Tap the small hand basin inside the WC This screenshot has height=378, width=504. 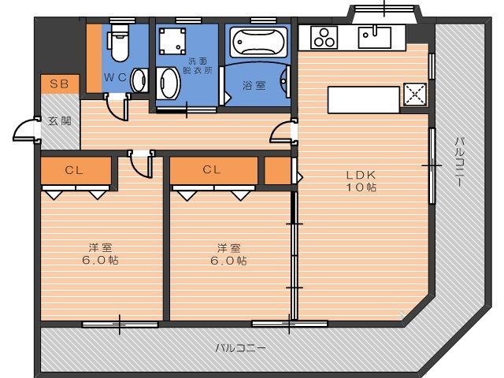point(139,80)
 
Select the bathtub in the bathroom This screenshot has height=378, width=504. point(258,43)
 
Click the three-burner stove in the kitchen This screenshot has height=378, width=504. point(324,37)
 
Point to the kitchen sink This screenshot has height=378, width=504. point(375,37)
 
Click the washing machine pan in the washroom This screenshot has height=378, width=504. point(172,41)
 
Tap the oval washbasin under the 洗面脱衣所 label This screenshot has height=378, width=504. point(169,83)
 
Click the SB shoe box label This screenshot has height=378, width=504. point(60,84)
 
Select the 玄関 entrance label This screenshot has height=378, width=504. point(60,121)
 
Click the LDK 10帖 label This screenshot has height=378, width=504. point(361,181)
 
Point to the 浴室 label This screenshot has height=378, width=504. point(254,85)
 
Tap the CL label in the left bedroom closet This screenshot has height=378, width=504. point(74,170)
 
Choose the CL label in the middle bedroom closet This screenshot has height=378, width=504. point(212,169)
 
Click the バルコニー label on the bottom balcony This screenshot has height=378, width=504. point(241,348)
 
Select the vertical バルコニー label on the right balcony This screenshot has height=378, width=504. point(460,161)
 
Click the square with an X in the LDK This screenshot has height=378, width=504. point(415,94)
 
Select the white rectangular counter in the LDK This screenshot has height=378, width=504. point(364,100)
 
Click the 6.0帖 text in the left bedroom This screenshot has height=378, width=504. point(100,260)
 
